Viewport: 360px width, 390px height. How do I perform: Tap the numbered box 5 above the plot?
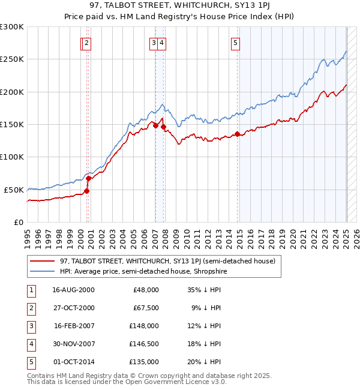(235, 43)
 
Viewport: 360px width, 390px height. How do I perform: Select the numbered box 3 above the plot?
(154, 43)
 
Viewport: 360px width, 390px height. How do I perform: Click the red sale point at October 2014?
(238, 134)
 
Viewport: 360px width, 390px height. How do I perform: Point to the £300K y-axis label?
(12, 27)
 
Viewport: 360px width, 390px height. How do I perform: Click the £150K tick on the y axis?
(12, 124)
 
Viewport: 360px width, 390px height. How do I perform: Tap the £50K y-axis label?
(14, 190)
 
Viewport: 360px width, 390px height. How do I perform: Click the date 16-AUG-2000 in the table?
(74, 289)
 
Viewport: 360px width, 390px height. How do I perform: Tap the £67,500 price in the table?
(144, 307)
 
